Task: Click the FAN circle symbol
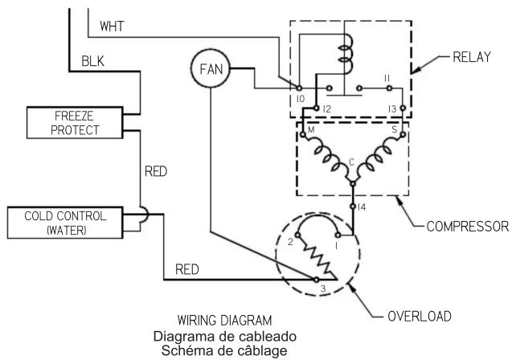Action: click(x=211, y=68)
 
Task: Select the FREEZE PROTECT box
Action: click(x=75, y=123)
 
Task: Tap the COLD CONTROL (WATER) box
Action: click(x=65, y=223)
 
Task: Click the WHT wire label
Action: click(x=112, y=26)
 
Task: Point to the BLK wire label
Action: click(x=92, y=61)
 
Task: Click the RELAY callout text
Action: click(x=472, y=57)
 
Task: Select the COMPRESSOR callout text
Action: click(x=468, y=226)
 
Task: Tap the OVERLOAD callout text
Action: click(x=420, y=316)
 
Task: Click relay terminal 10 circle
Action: click(x=299, y=88)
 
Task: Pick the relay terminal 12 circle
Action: click(x=316, y=108)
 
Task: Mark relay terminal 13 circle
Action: click(x=403, y=108)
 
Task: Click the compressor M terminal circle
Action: click(x=303, y=134)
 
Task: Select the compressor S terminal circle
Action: click(x=403, y=134)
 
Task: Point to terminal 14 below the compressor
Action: click(x=353, y=207)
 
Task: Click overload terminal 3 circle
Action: click(x=316, y=280)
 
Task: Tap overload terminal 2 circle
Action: click(x=297, y=235)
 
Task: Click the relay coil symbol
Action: click(x=346, y=53)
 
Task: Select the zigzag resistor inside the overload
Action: click(x=317, y=257)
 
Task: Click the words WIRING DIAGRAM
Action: click(x=225, y=320)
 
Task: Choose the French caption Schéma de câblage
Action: click(x=224, y=350)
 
